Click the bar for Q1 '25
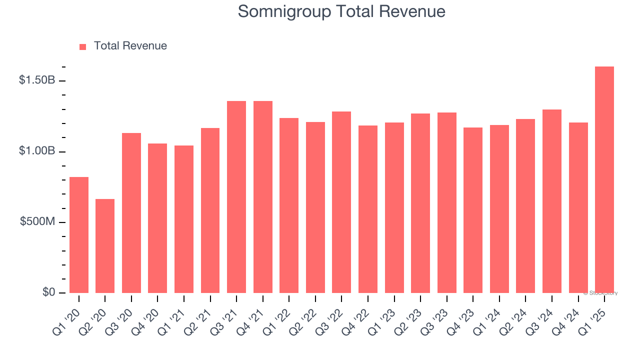(x=604, y=179)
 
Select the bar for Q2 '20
(x=105, y=246)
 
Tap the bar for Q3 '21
(x=236, y=197)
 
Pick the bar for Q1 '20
(x=79, y=235)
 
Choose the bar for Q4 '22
(x=368, y=209)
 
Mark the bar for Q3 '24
(x=552, y=201)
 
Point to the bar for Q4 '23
(x=473, y=210)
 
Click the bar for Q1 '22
(x=289, y=205)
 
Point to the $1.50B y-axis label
(x=37, y=80)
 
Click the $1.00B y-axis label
(x=37, y=151)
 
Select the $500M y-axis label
(x=37, y=221)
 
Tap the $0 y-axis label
(x=48, y=292)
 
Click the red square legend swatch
(x=83, y=46)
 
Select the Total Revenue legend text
(x=130, y=46)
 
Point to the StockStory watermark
(x=600, y=293)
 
